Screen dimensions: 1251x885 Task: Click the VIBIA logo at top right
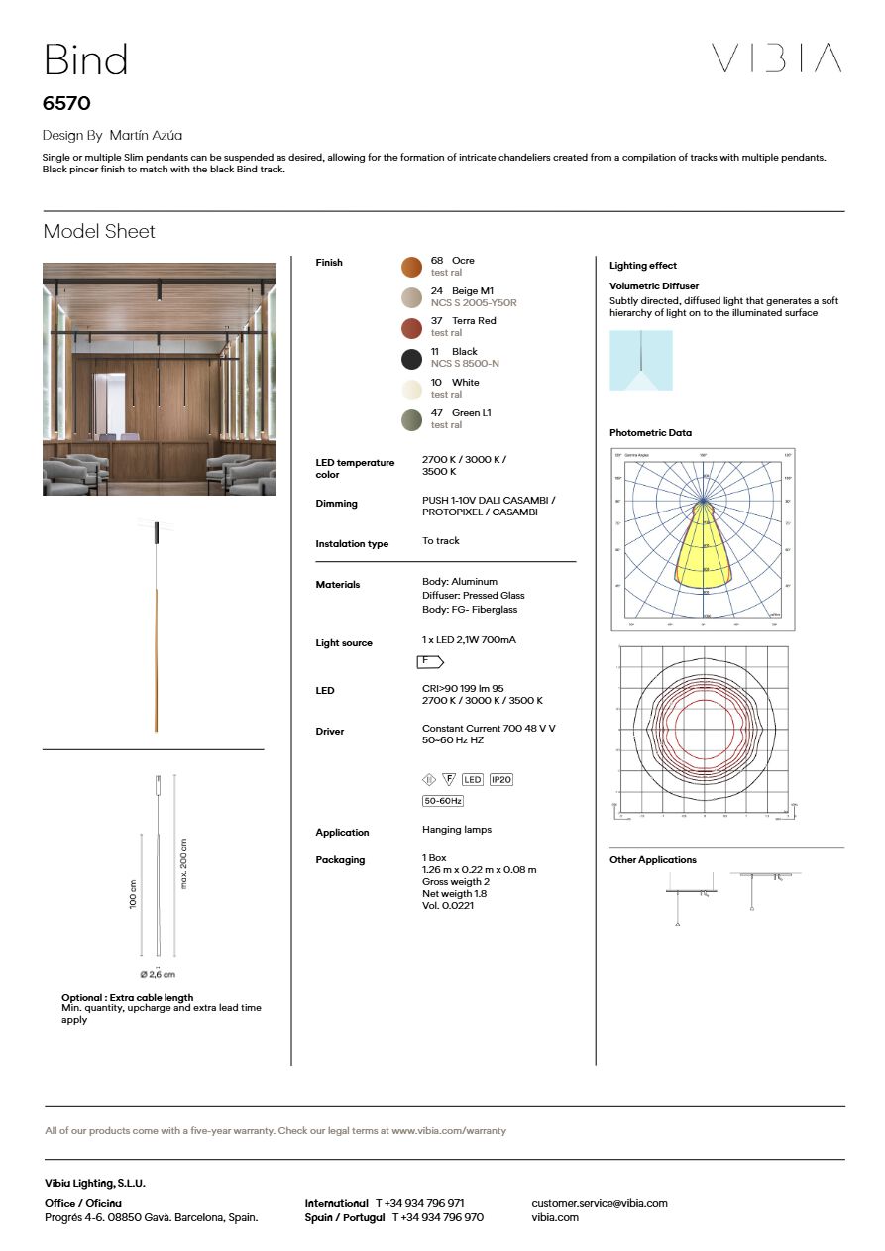[x=776, y=58]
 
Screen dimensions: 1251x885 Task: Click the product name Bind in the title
[x=85, y=60]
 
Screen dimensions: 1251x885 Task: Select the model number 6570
[x=67, y=103]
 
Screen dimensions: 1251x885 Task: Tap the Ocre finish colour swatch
[x=411, y=266]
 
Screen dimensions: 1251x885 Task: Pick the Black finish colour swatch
[x=411, y=358]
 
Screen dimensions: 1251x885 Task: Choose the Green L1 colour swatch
[x=411, y=419]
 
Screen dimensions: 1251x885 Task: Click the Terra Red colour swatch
[x=411, y=327]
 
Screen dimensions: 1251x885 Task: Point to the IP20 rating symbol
[x=500, y=780]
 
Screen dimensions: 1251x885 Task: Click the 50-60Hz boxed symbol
[x=443, y=801]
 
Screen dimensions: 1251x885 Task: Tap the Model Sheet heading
[x=99, y=232]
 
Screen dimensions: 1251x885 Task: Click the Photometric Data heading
[x=650, y=433]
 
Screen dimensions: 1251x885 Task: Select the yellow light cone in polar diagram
[x=704, y=550]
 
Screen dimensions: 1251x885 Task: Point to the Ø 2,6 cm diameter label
[x=158, y=975]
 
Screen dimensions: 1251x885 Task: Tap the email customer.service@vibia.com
[x=599, y=1203]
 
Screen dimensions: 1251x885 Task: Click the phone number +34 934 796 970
[x=437, y=1217]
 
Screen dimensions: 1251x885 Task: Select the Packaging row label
[x=340, y=860]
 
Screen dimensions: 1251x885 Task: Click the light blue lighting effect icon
[x=640, y=361]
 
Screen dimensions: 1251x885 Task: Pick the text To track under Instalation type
[x=441, y=541]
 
